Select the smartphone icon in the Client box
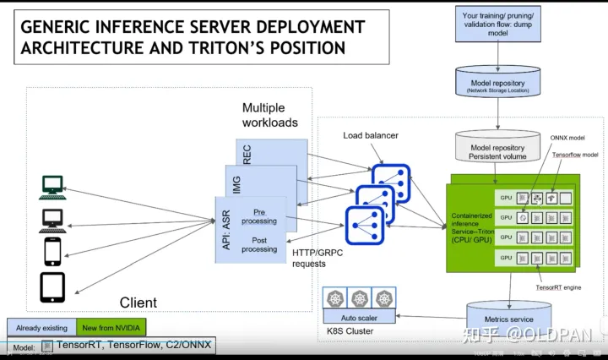(52, 251)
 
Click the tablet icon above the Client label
(52, 288)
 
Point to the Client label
(138, 302)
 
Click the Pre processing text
(258, 216)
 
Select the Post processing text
(258, 244)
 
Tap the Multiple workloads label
(270, 115)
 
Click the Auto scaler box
(361, 318)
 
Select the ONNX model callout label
(567, 138)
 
